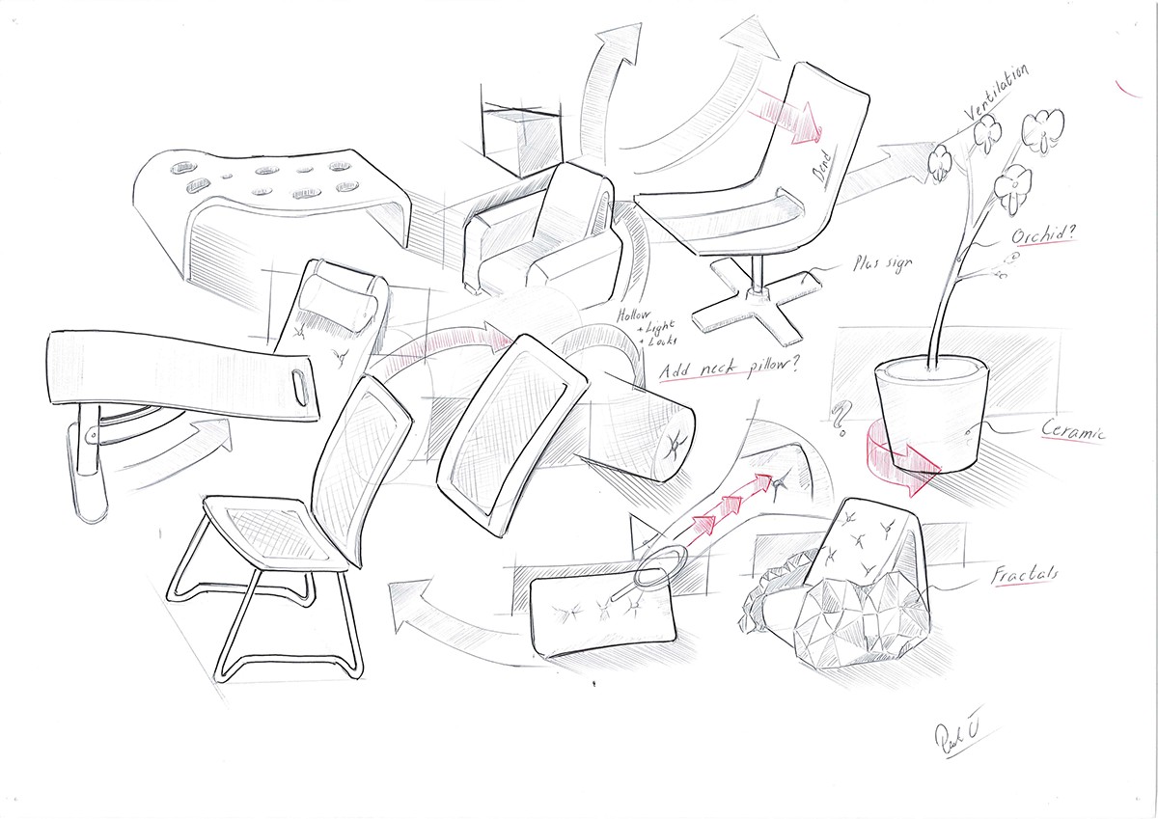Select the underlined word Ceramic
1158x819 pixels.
click(x=1071, y=430)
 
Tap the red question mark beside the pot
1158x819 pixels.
click(x=839, y=417)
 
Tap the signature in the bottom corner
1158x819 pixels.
click(x=956, y=742)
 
